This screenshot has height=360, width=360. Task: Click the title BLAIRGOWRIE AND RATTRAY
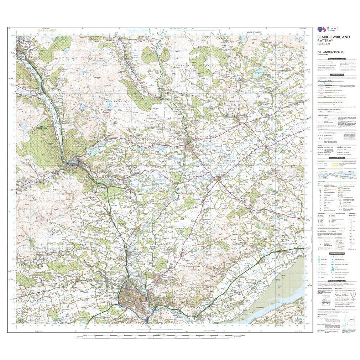pos(334,39)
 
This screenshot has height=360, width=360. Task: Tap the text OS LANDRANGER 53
pos(329,53)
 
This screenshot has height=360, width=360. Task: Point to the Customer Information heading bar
pos(337,59)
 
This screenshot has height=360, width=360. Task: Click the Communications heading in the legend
pos(337,75)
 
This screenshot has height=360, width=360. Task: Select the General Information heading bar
pos(337,158)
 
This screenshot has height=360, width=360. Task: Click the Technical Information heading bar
pos(337,281)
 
